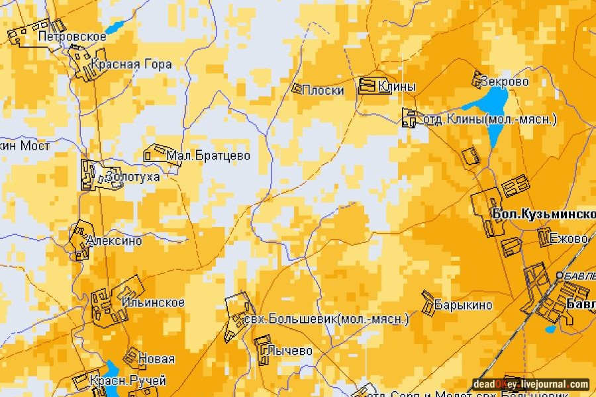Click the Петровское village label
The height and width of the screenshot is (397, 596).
click(72, 36)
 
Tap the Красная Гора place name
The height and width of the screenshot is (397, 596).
click(132, 64)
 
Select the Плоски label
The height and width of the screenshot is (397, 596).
click(323, 90)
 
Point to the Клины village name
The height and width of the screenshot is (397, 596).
click(397, 86)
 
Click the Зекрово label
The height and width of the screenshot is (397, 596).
click(505, 81)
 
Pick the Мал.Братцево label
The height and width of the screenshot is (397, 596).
click(209, 156)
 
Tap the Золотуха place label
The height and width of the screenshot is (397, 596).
click(132, 177)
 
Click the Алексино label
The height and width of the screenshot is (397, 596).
click(114, 241)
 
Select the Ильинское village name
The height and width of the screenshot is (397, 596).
click(153, 302)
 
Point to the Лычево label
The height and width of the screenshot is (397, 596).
click(289, 351)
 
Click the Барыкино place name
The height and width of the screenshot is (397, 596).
click(464, 305)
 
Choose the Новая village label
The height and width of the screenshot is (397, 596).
click(157, 359)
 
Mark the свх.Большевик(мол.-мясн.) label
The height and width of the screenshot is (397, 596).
click(326, 320)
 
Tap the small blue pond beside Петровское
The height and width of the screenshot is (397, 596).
click(115, 28)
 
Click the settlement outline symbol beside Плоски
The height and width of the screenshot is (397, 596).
click(297, 87)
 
